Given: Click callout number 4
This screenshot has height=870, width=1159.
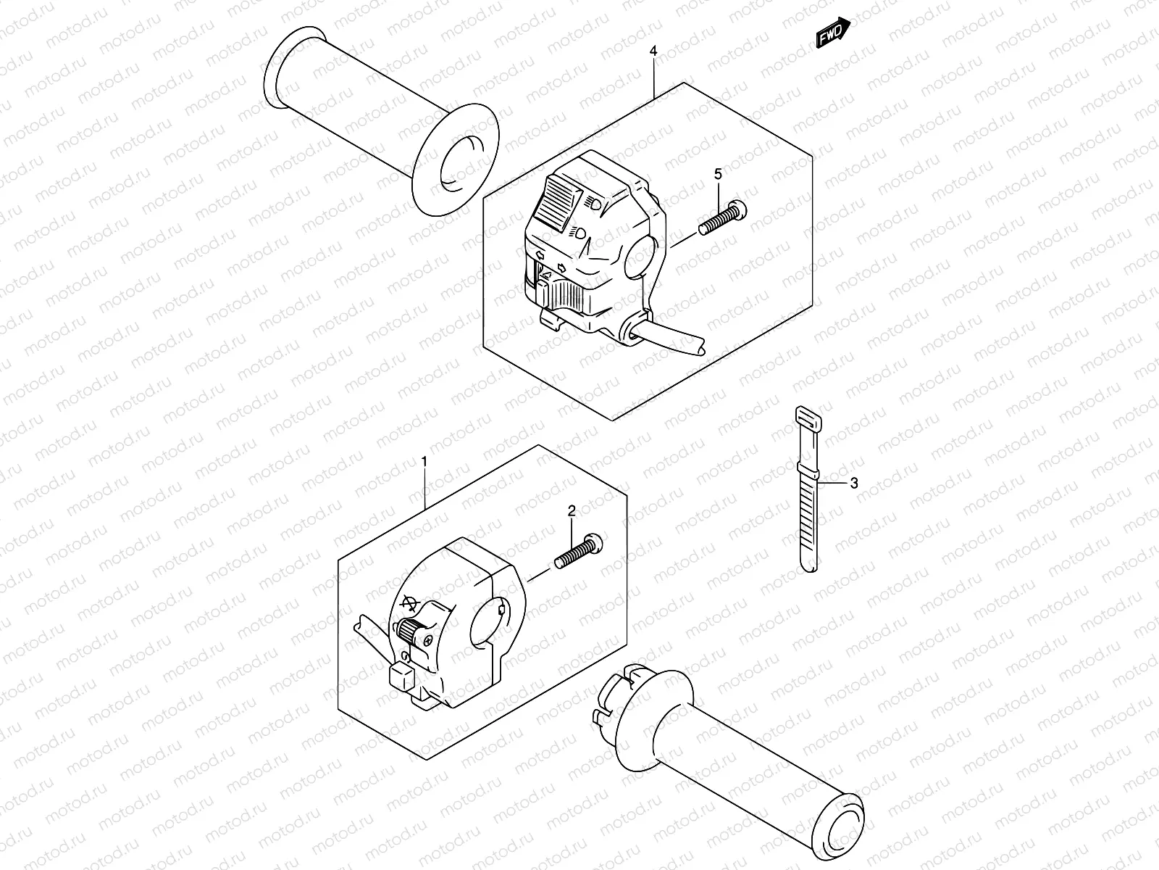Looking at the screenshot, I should click(x=653, y=51).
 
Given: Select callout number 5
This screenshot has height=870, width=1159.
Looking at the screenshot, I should click(x=718, y=174).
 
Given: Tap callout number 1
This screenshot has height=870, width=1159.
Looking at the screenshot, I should click(x=424, y=462).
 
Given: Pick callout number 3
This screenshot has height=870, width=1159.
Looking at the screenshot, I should click(x=854, y=484).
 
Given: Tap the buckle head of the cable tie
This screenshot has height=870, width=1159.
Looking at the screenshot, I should click(x=807, y=420).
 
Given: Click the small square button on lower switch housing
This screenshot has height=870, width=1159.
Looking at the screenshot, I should click(x=401, y=679).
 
